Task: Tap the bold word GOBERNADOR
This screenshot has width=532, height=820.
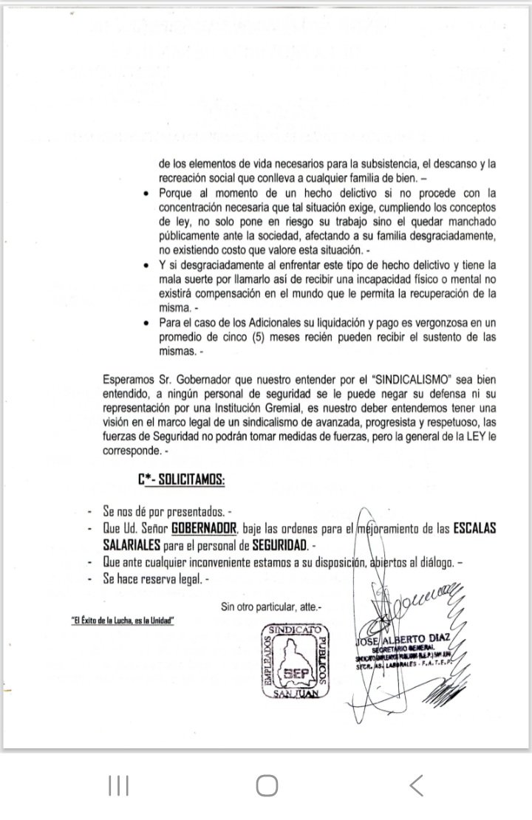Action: [x=203, y=529]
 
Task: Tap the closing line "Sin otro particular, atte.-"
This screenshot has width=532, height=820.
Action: [x=271, y=607]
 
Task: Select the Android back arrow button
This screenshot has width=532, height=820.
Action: [x=416, y=784]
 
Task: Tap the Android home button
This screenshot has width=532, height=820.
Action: [x=266, y=784]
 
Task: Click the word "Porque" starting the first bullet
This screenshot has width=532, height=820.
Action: [x=175, y=193]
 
